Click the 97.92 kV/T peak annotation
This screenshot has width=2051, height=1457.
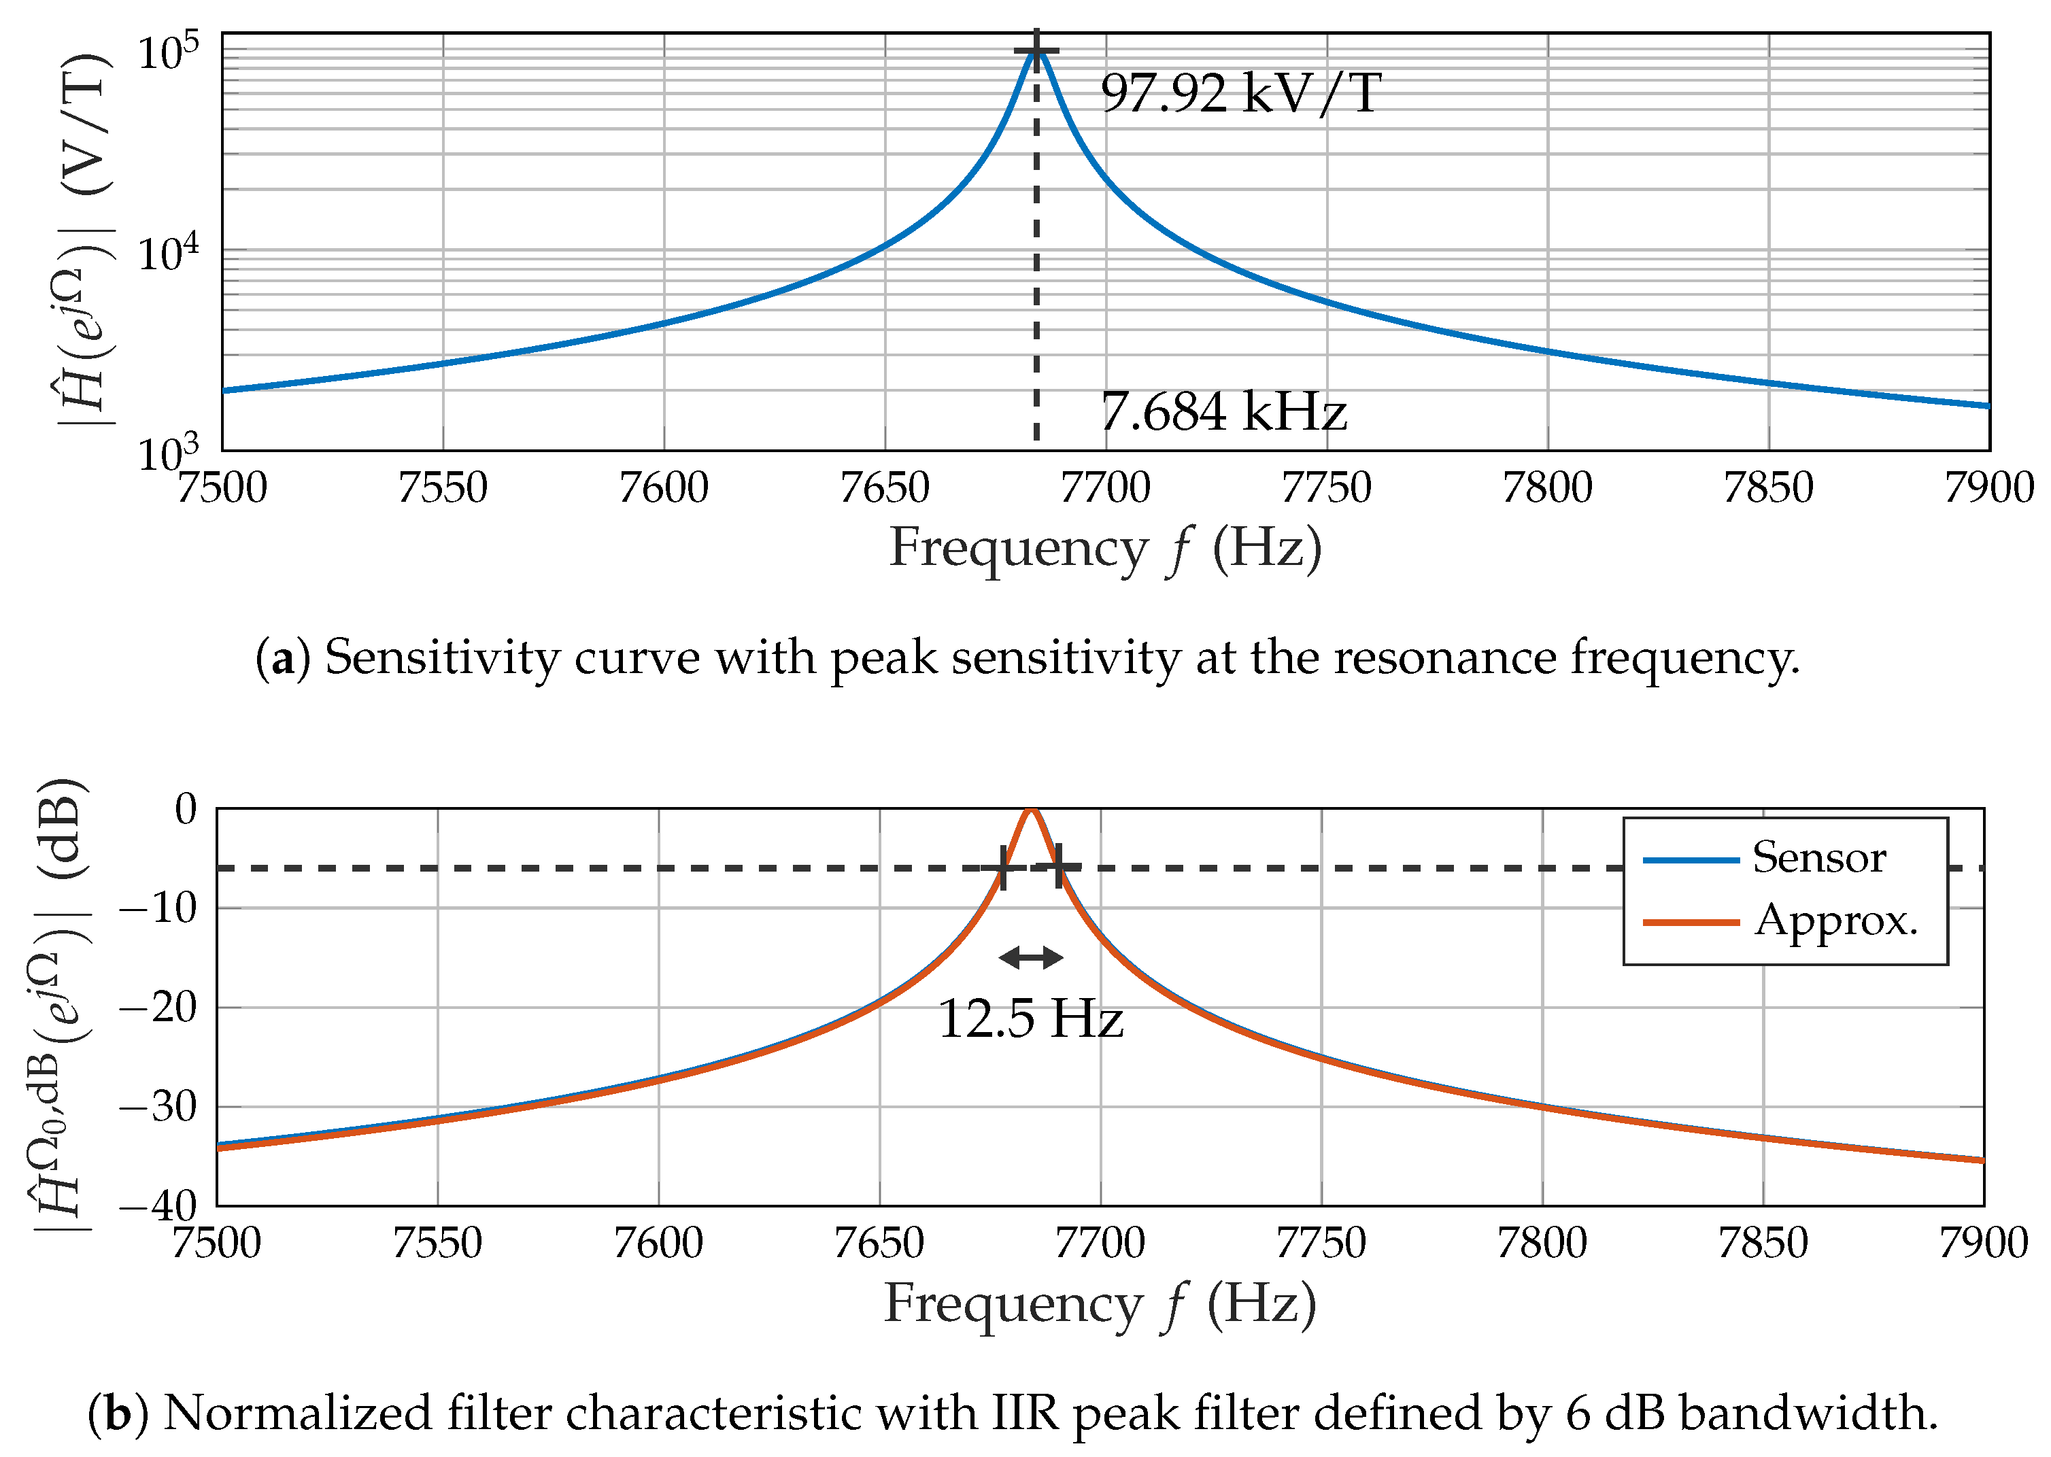coord(1240,92)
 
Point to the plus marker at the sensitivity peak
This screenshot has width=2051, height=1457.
coord(1036,50)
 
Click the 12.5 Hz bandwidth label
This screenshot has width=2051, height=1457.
coord(1030,1019)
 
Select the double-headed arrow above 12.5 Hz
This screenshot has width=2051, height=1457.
coord(1031,958)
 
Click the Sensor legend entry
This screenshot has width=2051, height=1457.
coord(1818,858)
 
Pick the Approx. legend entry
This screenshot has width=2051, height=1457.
coord(1835,921)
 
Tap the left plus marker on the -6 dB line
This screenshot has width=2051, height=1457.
coord(1002,867)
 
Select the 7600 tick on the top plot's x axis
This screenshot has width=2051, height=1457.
coord(664,488)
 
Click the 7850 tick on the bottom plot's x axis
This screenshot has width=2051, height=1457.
coord(1763,1244)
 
